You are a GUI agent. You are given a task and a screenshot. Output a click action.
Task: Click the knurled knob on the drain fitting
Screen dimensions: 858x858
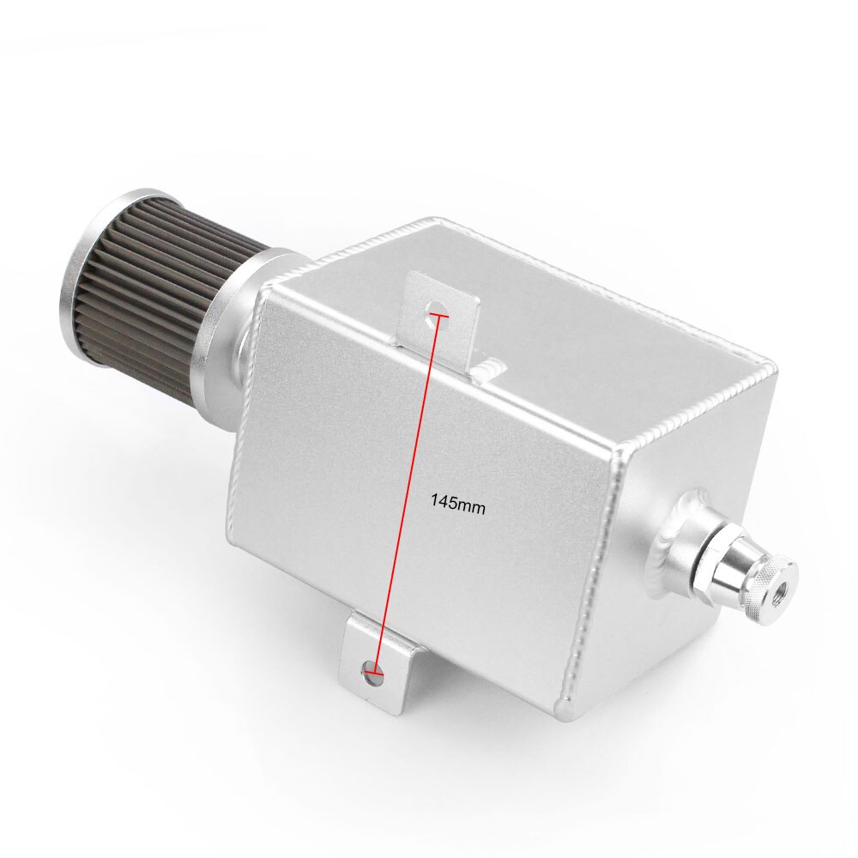coord(769,583)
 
